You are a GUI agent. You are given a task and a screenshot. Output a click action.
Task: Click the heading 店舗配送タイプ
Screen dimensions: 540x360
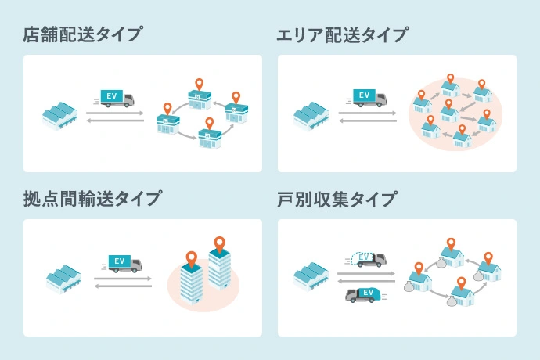tap(83, 34)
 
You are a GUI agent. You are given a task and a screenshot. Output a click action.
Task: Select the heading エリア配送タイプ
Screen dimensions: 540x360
tap(342, 34)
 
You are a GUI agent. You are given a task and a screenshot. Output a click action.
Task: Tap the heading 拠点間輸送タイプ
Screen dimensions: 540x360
tap(92, 199)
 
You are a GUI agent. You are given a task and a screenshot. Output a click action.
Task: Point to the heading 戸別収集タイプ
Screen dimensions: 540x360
tap(337, 199)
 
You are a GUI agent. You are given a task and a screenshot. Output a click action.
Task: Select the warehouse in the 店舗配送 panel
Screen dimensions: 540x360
tap(60, 116)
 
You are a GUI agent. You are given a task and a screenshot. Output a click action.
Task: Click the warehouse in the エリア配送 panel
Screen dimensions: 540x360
tap(311, 117)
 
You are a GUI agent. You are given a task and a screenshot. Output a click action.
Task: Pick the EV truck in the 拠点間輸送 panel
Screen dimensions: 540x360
tap(123, 264)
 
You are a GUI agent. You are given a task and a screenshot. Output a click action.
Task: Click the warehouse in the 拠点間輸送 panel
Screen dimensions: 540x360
tap(63, 279)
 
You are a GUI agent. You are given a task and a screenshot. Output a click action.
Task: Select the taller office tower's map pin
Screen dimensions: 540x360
tap(219, 244)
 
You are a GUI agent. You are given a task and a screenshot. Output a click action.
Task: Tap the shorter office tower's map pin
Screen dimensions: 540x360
tap(192, 259)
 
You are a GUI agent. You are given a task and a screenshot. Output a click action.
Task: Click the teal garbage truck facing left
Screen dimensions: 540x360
tap(365, 295)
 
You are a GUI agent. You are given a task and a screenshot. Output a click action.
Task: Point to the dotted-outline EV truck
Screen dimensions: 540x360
tap(366, 259)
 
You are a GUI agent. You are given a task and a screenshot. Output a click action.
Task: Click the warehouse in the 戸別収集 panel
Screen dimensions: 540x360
tap(311, 276)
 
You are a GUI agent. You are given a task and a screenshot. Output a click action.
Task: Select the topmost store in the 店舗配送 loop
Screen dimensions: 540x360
tap(200, 99)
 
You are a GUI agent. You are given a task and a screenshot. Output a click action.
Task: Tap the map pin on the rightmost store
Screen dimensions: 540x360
tap(236, 97)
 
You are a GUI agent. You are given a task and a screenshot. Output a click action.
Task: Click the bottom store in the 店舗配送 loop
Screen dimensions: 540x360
tap(210, 139)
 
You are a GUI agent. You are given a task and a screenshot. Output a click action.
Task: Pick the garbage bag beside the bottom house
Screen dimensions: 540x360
tap(452, 301)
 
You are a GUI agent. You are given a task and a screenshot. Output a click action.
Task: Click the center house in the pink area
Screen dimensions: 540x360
tap(449, 114)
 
